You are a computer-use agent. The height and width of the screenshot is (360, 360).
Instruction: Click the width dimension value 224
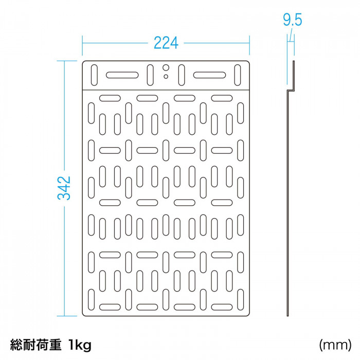[x=166, y=43]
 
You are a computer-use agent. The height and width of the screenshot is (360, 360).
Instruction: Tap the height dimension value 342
[x=64, y=188]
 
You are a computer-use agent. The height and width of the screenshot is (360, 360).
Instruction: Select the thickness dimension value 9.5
[x=292, y=20]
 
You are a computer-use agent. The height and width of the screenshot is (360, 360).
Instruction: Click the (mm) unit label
[x=335, y=345]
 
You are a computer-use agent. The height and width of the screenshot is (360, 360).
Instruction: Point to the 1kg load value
[x=80, y=345]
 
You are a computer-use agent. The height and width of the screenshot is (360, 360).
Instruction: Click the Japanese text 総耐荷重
[x=36, y=345]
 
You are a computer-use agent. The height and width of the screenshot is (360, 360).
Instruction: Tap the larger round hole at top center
[x=166, y=68]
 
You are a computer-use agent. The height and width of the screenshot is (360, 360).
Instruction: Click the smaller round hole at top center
[x=166, y=77]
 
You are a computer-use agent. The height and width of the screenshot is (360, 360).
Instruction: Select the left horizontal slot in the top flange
[x=122, y=75]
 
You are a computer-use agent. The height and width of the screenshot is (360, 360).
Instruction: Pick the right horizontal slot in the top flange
[x=209, y=75]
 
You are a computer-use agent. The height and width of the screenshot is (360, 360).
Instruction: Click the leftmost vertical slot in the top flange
[x=94, y=75]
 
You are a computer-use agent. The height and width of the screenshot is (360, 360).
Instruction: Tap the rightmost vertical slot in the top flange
[x=238, y=75]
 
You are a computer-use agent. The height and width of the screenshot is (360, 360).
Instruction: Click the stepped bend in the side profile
[x=291, y=90]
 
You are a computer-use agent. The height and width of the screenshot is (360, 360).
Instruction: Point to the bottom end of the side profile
[x=287, y=316]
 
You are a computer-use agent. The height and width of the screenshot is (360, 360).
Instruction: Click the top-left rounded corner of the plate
[x=84, y=62]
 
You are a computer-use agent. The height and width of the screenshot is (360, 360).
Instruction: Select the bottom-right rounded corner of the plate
[x=248, y=314]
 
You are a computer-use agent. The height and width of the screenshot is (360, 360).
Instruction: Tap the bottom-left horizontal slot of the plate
[x=110, y=307]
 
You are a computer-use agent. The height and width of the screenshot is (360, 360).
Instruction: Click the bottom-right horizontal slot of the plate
[x=222, y=307]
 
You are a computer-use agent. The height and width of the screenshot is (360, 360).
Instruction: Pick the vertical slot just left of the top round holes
[x=150, y=75]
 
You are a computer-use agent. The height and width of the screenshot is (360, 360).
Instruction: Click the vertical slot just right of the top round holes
[x=182, y=75]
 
